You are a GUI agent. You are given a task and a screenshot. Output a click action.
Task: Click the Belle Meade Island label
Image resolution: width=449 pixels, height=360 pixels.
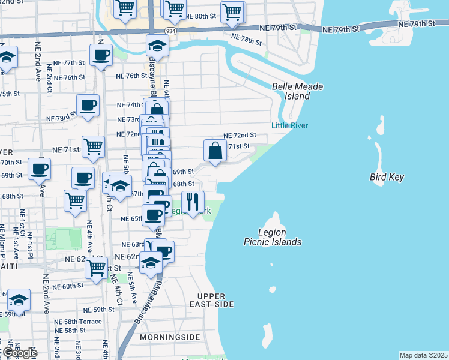297,91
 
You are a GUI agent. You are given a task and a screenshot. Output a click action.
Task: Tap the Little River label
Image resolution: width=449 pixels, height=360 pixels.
289,125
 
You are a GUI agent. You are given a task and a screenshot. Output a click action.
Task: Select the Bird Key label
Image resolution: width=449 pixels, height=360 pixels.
387,178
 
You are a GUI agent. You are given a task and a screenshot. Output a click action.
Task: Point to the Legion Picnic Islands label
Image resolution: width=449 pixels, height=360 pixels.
273,237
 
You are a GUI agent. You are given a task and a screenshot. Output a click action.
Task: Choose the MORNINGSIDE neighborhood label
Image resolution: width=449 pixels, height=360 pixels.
169,337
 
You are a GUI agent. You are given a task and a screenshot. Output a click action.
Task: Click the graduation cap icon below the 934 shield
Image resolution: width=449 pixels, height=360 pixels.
157,46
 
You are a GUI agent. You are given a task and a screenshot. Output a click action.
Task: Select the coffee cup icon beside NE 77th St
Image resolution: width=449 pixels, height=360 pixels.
101,55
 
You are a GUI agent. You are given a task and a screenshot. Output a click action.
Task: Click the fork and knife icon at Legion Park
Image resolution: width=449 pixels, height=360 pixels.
193,202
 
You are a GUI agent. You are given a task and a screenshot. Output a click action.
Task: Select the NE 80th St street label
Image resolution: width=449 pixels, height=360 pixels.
201,16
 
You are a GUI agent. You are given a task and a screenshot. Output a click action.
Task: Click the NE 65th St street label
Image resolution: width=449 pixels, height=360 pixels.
132,219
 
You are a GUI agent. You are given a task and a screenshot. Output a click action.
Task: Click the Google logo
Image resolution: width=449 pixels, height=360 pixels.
19,353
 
